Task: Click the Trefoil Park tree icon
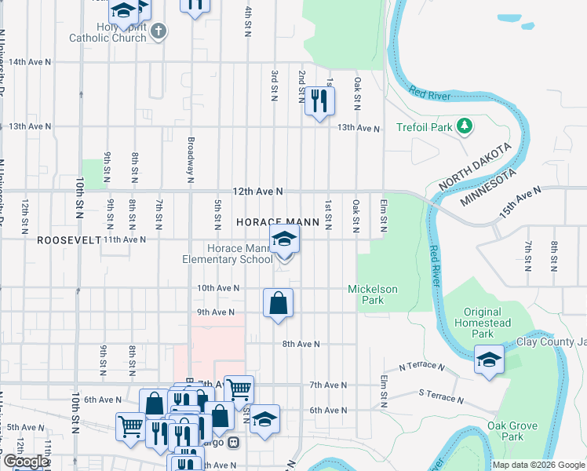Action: (464, 126)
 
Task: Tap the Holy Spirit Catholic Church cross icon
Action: (159, 31)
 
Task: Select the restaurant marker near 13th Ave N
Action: (319, 100)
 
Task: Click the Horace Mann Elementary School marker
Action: (284, 239)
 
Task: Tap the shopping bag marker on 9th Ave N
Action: (278, 302)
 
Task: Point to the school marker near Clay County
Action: (489, 360)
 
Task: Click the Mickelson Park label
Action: (373, 294)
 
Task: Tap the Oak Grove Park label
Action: (512, 431)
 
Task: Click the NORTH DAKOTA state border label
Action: (475, 166)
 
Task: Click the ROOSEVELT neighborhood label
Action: (69, 240)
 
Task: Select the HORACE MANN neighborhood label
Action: (278, 223)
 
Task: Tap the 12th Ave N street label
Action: (257, 192)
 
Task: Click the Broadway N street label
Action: (191, 160)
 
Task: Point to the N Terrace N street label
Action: (421, 367)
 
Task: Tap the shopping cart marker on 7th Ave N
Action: (239, 388)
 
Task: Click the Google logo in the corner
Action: (25, 462)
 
